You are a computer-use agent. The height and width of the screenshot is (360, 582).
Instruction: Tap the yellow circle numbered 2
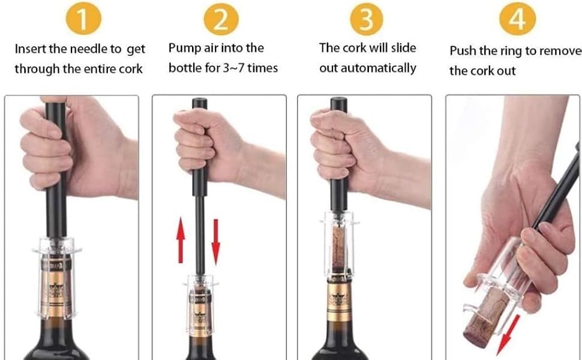[221, 18]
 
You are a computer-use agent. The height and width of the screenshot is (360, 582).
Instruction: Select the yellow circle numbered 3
[367, 18]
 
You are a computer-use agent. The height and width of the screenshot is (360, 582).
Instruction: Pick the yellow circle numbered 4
[517, 18]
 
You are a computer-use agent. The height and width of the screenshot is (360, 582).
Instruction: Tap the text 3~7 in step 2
[233, 68]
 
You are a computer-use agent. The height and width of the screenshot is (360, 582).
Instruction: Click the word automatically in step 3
[378, 68]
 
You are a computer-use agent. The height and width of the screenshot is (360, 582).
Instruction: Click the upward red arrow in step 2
[181, 240]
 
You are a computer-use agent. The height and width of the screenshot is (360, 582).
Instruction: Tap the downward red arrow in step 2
[215, 242]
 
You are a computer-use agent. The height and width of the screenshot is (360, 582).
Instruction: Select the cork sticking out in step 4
[485, 318]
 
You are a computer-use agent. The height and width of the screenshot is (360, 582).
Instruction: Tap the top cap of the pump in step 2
[200, 103]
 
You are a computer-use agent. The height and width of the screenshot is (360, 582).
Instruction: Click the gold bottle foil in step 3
[339, 300]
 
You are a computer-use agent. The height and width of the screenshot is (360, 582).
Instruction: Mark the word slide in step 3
[403, 48]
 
